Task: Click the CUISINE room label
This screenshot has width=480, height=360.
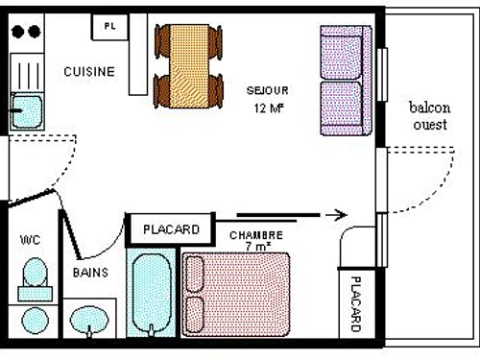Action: pos(89,71)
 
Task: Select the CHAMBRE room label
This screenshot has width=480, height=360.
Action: pos(256,235)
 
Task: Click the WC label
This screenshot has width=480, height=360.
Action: pos(29,240)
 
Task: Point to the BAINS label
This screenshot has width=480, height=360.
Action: pos(91,273)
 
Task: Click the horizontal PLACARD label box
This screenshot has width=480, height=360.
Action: pos(171,229)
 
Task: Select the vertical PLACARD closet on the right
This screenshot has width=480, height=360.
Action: pos(354,303)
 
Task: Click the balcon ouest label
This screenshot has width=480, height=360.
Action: pos(429,115)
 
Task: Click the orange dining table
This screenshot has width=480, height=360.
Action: pos(190,64)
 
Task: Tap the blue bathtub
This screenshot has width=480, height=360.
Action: pos(153,294)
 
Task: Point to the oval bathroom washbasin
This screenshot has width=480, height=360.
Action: pos(91,321)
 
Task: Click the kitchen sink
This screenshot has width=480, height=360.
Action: pos(27,111)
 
